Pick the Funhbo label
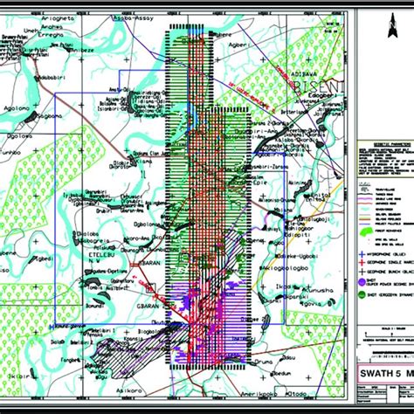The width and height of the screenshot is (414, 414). point(16,175)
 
